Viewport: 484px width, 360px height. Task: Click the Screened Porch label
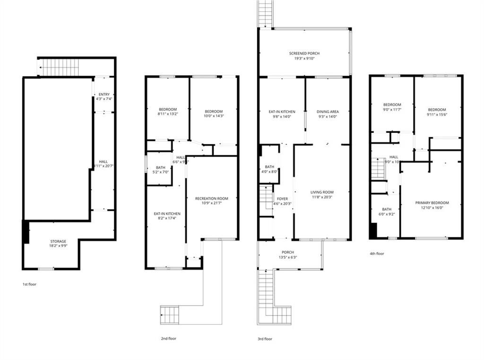coord(304,56)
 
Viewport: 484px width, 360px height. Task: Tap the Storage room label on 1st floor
coord(59,244)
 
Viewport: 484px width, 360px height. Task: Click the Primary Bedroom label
coord(432,205)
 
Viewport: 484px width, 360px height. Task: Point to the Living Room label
coord(322,194)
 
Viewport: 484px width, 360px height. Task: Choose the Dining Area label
coord(328,114)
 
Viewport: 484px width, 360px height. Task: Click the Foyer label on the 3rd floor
coord(282,201)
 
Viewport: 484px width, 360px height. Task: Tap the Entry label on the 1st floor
coord(104,97)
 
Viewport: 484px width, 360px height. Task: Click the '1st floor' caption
coord(29,284)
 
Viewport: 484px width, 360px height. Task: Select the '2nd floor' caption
coord(169,339)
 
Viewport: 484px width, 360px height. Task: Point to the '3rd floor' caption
coord(265,339)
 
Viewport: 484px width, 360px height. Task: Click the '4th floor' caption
coord(377,254)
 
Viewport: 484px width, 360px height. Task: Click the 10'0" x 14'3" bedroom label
coord(213,114)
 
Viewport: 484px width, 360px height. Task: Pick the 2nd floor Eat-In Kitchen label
coord(167,216)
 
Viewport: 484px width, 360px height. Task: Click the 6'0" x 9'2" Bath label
coord(387,211)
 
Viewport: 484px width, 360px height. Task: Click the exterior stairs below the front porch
coord(266,296)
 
